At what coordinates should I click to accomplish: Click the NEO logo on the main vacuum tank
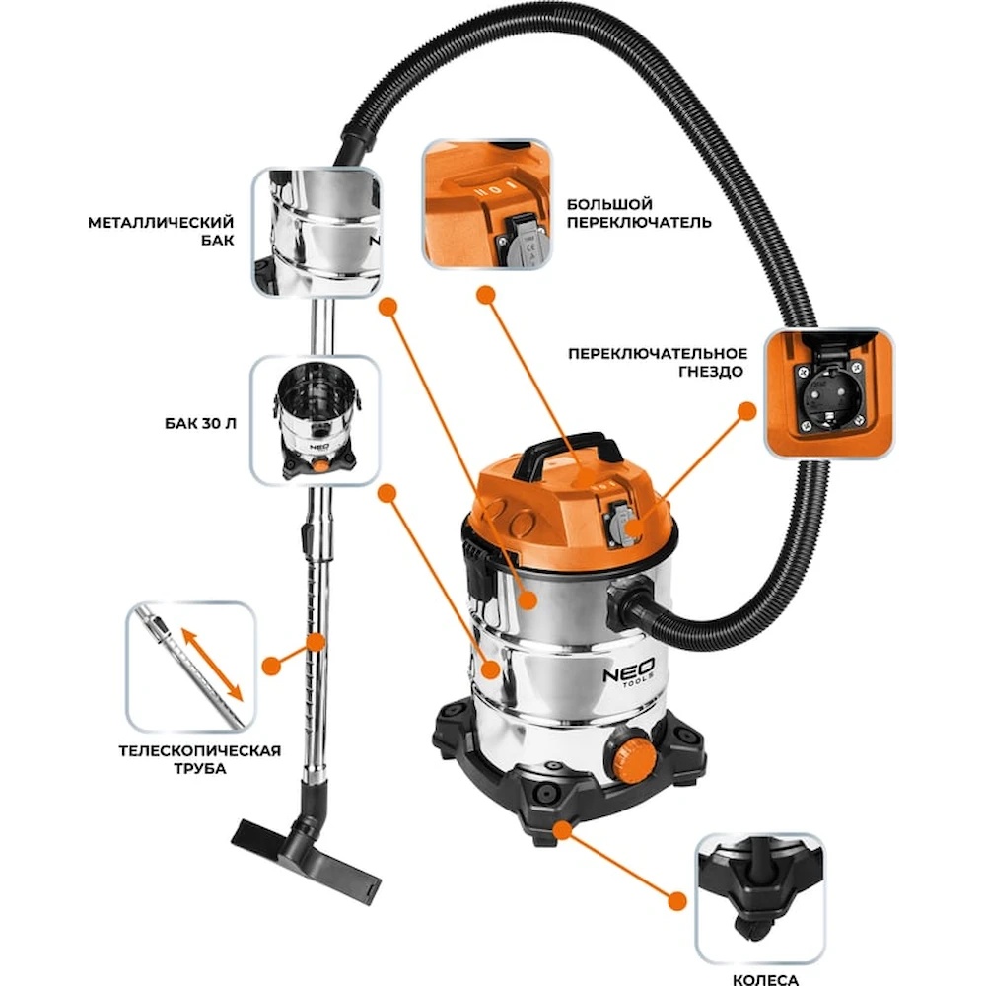pyautogui.click(x=629, y=672)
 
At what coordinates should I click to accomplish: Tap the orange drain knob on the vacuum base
pyautogui.click(x=629, y=752)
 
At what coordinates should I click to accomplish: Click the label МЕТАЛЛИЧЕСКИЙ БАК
pyautogui.click(x=161, y=231)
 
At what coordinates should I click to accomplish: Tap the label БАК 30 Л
pyautogui.click(x=200, y=423)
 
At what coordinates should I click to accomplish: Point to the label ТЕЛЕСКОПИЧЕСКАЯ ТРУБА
pyautogui.click(x=200, y=759)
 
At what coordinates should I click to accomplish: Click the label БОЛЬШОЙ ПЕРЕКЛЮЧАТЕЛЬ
pyautogui.click(x=639, y=213)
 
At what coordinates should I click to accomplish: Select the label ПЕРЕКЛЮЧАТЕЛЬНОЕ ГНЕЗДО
pyautogui.click(x=658, y=362)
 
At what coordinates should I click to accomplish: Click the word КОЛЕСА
pyautogui.click(x=765, y=978)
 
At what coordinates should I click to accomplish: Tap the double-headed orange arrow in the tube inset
pyautogui.click(x=212, y=663)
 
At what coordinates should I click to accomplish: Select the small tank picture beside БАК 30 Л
pyautogui.click(x=316, y=420)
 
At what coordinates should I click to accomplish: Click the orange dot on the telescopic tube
pyautogui.click(x=316, y=642)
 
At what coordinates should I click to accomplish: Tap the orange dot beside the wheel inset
pyautogui.click(x=676, y=901)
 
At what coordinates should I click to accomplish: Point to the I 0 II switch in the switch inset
pyautogui.click(x=495, y=188)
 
